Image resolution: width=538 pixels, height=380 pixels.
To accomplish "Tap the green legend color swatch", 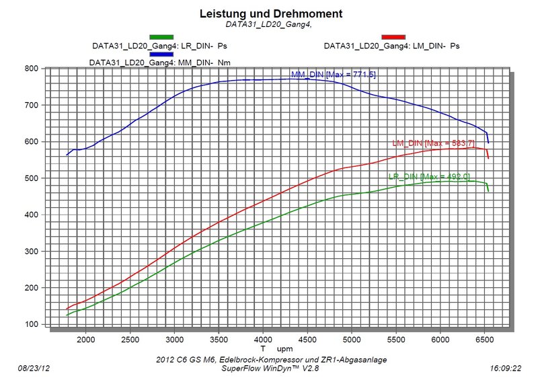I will [161, 36].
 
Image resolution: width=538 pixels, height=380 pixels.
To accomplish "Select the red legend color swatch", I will [393, 36].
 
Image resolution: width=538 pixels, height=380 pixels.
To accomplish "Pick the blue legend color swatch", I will [161, 53].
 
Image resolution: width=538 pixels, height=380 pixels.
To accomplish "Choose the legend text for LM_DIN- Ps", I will [391, 46].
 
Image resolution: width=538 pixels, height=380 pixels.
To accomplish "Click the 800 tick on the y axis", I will [30, 69].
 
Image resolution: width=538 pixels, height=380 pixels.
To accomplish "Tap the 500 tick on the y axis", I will [30, 178].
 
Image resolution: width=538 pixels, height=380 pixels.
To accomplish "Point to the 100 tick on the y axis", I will [30, 324].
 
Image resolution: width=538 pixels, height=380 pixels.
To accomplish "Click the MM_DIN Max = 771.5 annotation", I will [333, 74].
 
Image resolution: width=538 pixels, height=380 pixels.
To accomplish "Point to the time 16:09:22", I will [506, 369].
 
